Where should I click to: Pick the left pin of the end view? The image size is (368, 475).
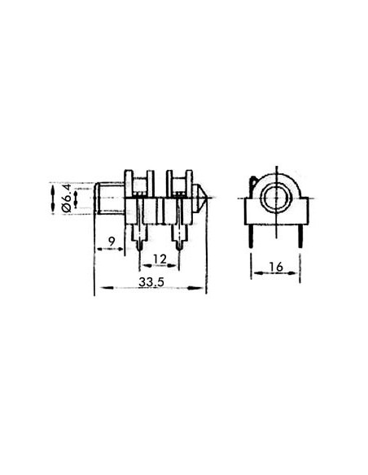(252, 235)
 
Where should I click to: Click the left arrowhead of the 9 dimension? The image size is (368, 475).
(98, 249)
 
